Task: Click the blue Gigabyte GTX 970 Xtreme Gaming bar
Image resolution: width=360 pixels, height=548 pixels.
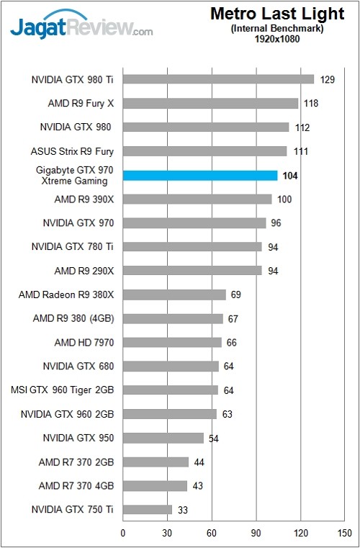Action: pos(200,175)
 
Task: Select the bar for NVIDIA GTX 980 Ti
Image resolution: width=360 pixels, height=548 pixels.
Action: pos(218,79)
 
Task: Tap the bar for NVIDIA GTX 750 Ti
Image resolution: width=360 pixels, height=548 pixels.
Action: pos(148,510)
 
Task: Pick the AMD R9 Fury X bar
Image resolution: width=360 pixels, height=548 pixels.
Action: pos(210,103)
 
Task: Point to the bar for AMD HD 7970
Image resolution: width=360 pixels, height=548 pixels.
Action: pos(172,342)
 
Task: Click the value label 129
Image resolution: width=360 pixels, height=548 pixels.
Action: pos(328,79)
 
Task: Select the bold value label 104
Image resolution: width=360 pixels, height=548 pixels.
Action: pos(291,175)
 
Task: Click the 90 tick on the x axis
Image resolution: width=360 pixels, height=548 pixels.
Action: pos(256,533)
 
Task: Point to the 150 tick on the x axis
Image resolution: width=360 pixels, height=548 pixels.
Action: pos(344,533)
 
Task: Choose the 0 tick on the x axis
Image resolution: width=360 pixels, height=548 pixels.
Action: pos(123,533)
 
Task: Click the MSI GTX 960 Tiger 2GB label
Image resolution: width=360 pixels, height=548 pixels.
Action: pos(63,390)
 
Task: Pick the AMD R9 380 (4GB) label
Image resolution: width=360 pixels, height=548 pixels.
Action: pos(73,318)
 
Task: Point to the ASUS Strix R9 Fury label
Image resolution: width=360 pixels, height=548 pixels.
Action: pos(72,151)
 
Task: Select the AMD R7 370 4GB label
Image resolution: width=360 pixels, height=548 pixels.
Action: pos(76,486)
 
